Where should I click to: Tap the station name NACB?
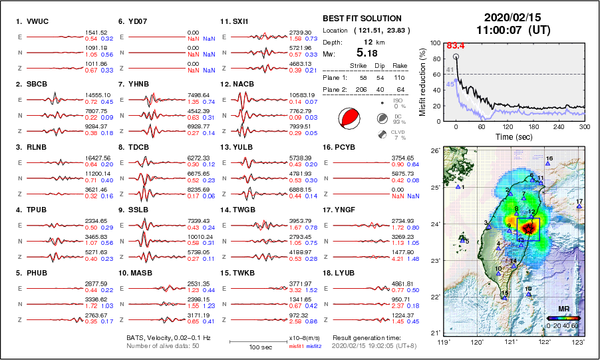coord(243,85)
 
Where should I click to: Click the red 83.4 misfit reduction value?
coord(454,45)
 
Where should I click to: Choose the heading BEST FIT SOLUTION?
coord(361,19)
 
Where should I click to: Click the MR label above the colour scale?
coord(563,309)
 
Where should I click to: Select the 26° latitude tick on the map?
coord(433,151)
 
